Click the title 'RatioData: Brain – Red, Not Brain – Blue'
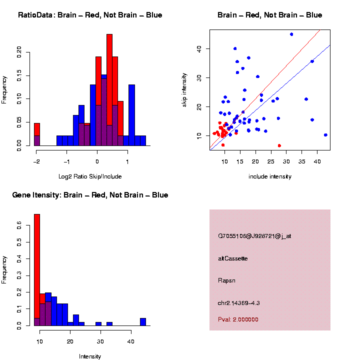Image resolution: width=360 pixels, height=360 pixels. coord(90,15)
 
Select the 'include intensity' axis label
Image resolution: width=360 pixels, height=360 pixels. coord(270,176)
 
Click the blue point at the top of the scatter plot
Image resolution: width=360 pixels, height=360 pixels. coord(291,34)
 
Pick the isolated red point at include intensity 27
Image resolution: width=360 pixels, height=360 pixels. coord(279,145)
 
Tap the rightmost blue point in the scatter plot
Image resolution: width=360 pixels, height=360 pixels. coord(325,135)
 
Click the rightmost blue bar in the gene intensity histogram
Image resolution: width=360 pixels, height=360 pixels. coord(143,321)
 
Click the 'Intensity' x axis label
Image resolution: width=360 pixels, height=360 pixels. coord(90,356)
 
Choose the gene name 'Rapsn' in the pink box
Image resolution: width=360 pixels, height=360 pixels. coord(227,280)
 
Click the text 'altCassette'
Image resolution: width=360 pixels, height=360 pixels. coord(233,258)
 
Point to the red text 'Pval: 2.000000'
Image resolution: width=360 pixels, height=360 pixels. coord(238,319)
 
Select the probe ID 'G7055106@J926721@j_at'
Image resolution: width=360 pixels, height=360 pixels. coord(254,236)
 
